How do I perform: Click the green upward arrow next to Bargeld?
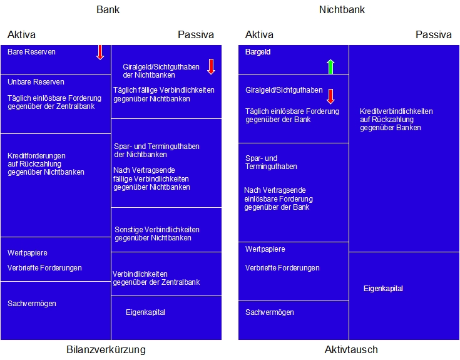330,66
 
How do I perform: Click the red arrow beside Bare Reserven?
100,52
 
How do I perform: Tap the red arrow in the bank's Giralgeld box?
211,66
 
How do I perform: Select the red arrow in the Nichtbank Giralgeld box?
330,96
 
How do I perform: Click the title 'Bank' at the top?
108,9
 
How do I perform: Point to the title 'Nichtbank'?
342,9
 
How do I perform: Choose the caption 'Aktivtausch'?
351,349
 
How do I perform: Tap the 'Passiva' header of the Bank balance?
196,34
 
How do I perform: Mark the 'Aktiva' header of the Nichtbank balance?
259,34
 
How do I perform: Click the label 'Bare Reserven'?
31,52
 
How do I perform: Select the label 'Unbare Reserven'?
36,82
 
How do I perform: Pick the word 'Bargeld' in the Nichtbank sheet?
258,52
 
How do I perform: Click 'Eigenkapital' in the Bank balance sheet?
145,312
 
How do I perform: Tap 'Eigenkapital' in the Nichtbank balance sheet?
383,289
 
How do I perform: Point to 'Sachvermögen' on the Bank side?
32,304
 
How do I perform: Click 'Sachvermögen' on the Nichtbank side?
269,312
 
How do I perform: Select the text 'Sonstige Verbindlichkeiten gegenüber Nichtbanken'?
157,234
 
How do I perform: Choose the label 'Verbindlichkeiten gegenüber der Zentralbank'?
156,278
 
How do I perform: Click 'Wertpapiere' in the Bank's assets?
28,253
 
